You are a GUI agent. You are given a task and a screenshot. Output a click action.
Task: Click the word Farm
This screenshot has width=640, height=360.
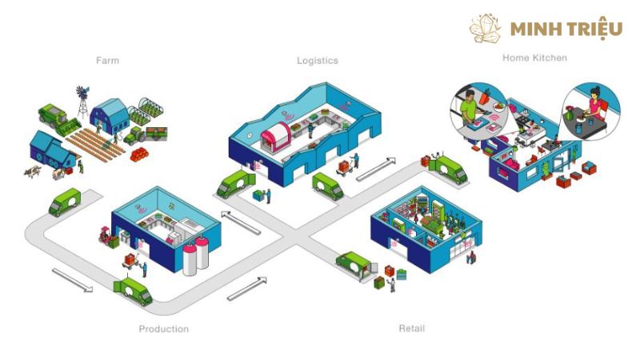point(108,61)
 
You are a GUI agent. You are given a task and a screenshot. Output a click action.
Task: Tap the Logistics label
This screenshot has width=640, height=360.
point(318,61)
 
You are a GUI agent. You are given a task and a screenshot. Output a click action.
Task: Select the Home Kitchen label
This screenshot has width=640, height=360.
point(534,58)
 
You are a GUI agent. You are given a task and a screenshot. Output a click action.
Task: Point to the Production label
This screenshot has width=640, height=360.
point(164,329)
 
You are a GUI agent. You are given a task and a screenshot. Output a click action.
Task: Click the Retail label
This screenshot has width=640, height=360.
point(412,328)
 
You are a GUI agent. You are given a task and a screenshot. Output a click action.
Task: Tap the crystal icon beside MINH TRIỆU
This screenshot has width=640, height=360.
point(485,28)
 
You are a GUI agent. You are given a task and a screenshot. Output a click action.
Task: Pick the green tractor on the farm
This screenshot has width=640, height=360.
point(134,135)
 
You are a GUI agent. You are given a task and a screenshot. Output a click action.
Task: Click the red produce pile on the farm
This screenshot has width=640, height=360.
point(139,154)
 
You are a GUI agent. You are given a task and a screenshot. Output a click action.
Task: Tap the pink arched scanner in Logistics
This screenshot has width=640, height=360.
point(275,136)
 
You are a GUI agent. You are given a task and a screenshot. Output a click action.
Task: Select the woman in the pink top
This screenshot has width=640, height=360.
point(594,103)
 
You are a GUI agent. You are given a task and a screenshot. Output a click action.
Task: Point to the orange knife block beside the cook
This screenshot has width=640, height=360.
point(485,97)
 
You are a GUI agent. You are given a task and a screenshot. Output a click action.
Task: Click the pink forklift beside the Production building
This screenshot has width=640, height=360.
point(108,237)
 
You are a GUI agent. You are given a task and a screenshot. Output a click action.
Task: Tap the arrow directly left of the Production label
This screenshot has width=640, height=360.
point(72,280)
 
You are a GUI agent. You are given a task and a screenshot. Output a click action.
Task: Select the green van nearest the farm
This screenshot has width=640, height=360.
point(65,202)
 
